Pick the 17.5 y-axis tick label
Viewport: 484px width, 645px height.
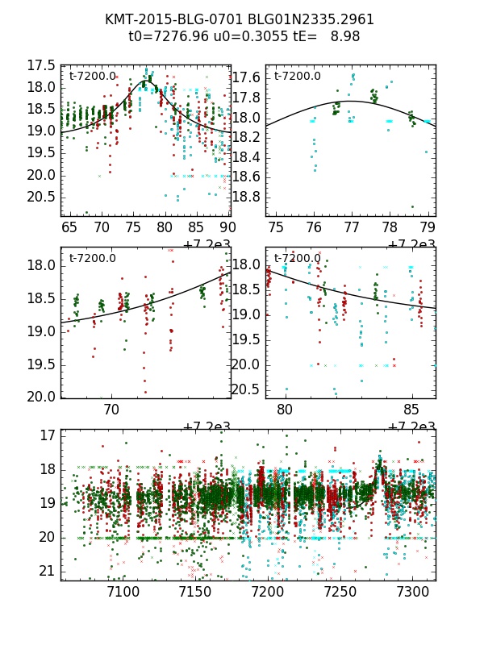click(40, 65)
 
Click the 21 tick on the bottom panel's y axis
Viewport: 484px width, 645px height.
click(47, 571)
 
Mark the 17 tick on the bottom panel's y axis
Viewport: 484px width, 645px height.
click(47, 435)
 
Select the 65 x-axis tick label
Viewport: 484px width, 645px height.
click(69, 228)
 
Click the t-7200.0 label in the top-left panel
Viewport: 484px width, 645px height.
click(93, 77)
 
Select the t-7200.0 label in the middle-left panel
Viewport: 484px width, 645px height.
click(93, 259)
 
